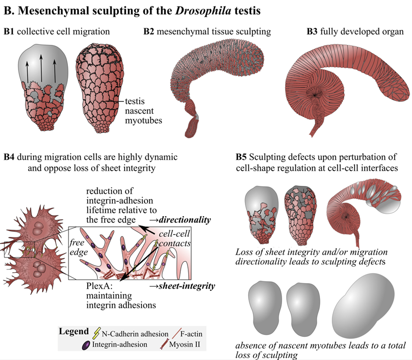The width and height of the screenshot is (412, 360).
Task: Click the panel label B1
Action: pyautogui.click(x=10, y=32)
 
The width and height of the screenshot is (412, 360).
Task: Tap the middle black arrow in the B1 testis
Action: pyautogui.click(x=41, y=68)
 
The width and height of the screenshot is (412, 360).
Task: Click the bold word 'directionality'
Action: pyautogui.click(x=185, y=220)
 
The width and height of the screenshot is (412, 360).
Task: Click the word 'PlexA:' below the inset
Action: pyautogui.click(x=99, y=285)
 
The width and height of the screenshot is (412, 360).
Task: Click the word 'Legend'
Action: pyautogui.click(x=74, y=331)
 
